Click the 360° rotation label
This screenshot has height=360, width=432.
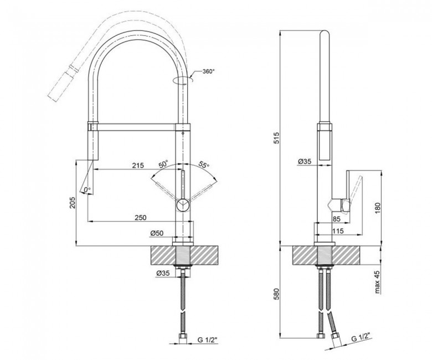[209, 71]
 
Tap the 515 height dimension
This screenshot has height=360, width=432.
[276, 138]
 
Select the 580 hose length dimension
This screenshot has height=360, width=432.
[276, 294]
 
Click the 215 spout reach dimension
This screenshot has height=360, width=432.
[138, 165]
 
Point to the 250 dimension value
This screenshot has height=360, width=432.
[141, 217]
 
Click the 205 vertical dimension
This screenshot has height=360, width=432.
[72, 203]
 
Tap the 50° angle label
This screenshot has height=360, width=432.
[163, 164]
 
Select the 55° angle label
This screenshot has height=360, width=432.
[204, 164]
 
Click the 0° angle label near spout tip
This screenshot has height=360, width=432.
[87, 190]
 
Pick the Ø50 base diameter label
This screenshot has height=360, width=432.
[157, 233]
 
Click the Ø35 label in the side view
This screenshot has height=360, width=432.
[305, 161]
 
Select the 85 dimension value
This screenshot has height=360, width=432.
[337, 219]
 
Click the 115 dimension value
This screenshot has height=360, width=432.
[338, 231]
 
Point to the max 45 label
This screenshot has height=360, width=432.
[377, 282]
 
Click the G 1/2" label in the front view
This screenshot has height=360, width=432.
[208, 340]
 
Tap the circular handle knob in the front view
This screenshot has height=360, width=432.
[182, 205]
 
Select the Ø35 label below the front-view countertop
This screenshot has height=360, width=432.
[162, 273]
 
